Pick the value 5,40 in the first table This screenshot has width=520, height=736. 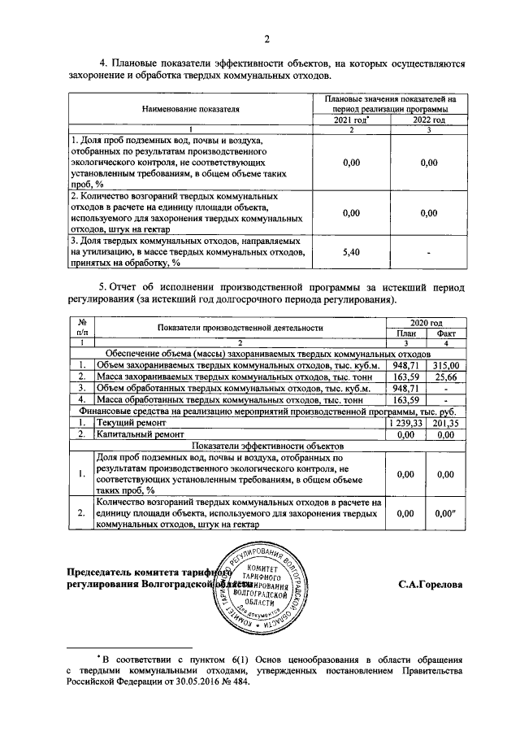[352, 253]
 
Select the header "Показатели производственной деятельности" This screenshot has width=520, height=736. [241, 328]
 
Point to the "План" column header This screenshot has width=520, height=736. [406, 333]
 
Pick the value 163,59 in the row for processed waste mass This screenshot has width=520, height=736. [406, 400]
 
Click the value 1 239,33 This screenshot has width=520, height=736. [406, 423]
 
